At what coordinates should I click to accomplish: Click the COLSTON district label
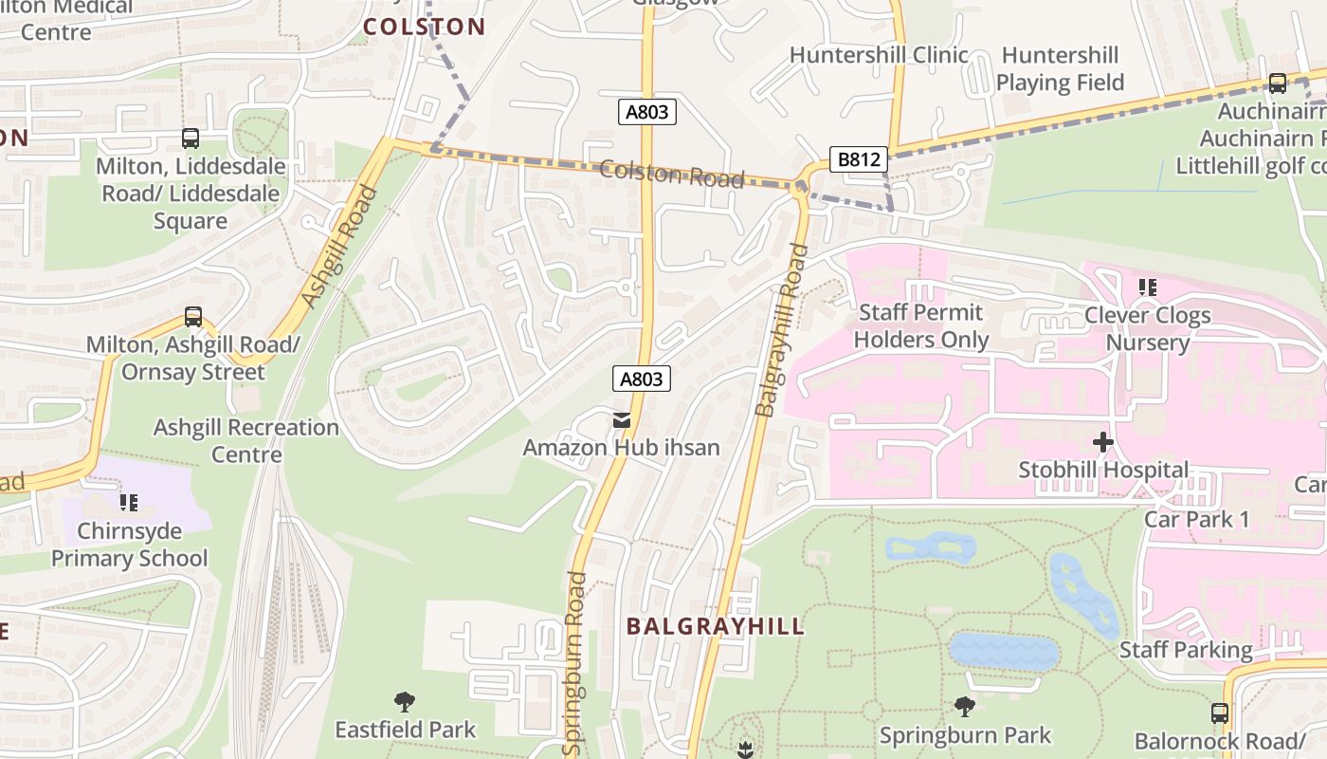[424, 27]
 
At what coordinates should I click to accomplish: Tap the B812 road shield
[859, 159]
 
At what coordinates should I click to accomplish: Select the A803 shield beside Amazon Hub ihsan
[641, 379]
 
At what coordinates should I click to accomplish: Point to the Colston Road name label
[671, 173]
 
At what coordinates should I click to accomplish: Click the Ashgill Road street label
[338, 248]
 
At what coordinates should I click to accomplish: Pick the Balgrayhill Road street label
[781, 331]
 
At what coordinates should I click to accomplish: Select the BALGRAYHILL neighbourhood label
[715, 626]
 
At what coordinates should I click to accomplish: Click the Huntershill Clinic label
[879, 55]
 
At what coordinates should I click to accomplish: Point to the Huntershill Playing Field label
[1060, 69]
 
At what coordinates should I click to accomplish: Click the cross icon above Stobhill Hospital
[1103, 442]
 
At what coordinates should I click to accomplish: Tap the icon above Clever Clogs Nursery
[1148, 287]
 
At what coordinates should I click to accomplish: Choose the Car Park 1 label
[1196, 519]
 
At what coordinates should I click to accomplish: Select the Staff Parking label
[1186, 650]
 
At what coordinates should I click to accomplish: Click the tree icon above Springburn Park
[965, 707]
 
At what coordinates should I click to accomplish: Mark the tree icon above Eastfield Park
[405, 702]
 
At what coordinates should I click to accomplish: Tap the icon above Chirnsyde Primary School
[129, 503]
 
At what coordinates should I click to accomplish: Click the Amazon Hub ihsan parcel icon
[621, 419]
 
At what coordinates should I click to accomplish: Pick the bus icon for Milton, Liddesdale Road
[191, 139]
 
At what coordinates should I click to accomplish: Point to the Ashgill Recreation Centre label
[246, 441]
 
